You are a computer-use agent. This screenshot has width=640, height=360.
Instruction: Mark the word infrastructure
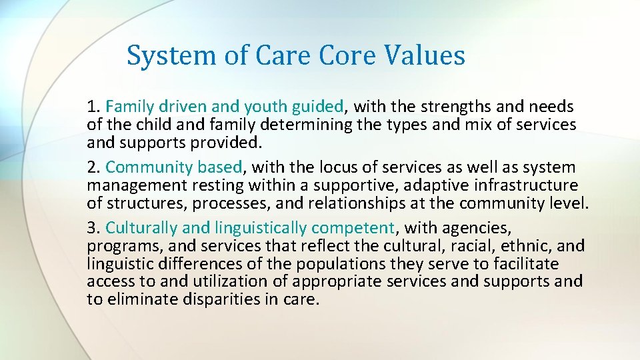(522, 185)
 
